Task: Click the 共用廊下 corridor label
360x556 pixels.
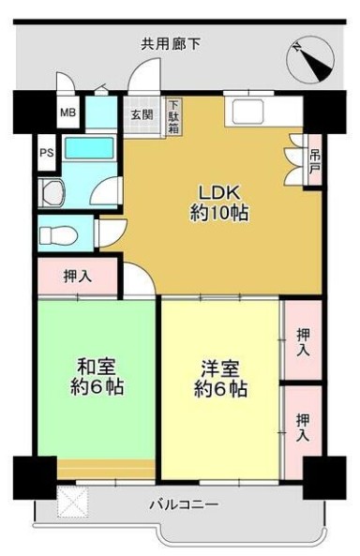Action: point(171,43)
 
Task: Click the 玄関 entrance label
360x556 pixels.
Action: point(142,115)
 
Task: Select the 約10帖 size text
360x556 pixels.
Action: point(219,212)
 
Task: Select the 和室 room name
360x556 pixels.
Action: point(97,364)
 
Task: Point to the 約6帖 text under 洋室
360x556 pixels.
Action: point(221,389)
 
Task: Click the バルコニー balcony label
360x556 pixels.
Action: point(184,504)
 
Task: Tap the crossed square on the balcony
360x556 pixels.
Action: point(72,503)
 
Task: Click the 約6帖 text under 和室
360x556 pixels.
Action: point(97,386)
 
